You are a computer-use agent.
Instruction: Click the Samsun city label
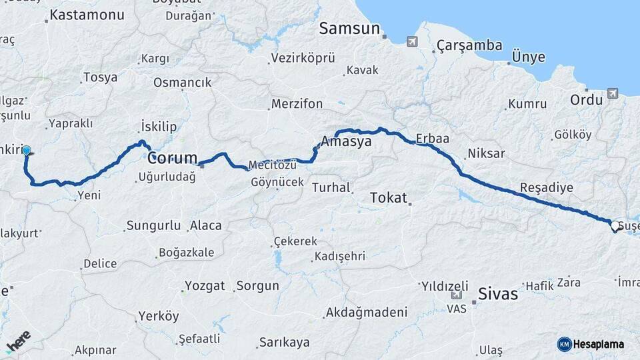click(x=349, y=29)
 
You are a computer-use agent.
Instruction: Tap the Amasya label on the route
click(x=346, y=142)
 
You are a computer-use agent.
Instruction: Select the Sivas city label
click(x=498, y=293)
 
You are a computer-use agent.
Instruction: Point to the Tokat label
click(x=387, y=197)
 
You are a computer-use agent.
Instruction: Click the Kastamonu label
click(x=87, y=15)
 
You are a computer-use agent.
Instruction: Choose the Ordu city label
click(x=587, y=99)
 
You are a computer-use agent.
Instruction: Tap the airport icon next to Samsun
click(x=412, y=42)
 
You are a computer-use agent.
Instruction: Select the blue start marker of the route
click(x=27, y=151)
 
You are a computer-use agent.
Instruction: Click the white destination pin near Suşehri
click(x=614, y=227)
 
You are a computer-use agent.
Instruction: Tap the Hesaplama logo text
click(x=599, y=344)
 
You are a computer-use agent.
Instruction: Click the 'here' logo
click(x=18, y=341)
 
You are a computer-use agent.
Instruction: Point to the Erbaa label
click(x=433, y=139)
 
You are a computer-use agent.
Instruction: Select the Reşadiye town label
click(x=547, y=187)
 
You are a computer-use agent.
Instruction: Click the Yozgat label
click(x=204, y=286)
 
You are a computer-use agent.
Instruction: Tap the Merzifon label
click(x=297, y=104)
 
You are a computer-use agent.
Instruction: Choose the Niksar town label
click(x=487, y=153)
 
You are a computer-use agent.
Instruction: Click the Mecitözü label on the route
click(x=271, y=165)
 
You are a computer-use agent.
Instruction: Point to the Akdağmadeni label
click(x=366, y=312)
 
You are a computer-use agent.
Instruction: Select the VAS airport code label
click(x=457, y=309)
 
